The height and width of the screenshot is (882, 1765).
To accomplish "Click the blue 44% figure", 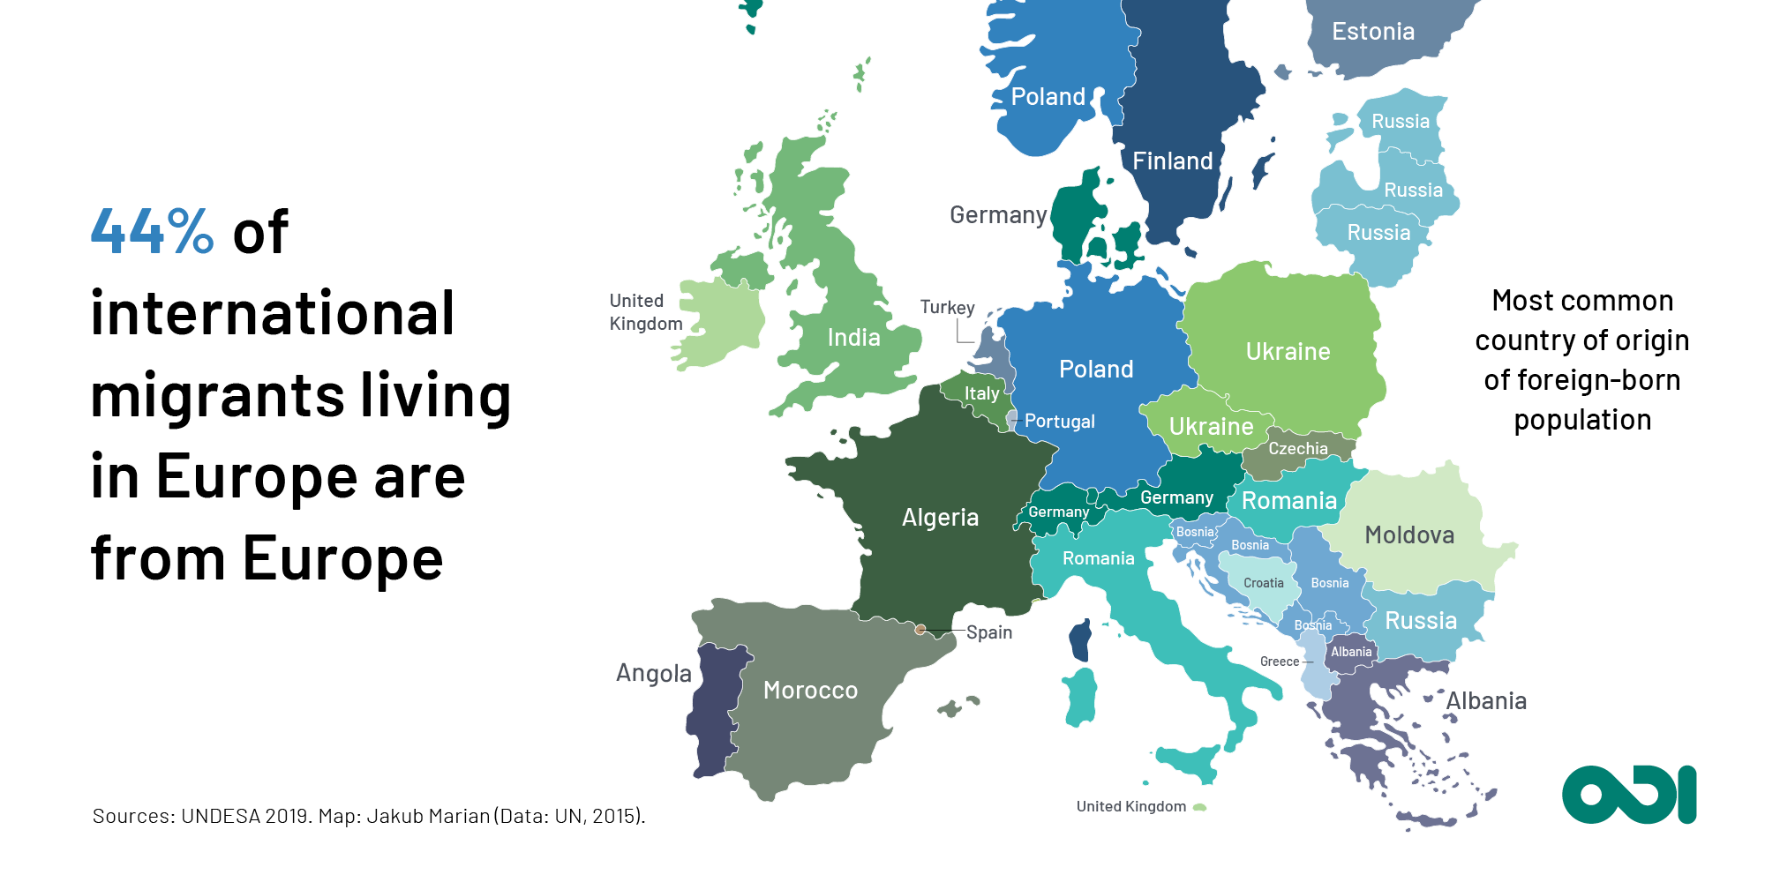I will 152,232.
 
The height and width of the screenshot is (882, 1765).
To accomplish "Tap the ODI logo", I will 1628,794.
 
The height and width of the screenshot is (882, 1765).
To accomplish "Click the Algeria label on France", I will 940,518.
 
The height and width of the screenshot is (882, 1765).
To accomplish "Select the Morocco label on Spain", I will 810,690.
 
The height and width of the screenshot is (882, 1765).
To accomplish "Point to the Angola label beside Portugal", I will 654,674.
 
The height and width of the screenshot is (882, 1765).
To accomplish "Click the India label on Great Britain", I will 853,338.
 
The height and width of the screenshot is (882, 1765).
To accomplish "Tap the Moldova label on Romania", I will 1409,535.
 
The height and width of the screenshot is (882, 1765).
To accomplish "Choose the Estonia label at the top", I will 1372,32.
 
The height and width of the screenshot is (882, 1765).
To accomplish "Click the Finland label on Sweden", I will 1172,161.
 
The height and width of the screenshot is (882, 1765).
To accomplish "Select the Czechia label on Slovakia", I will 1297,449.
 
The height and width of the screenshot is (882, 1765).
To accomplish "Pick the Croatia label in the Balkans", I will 1263,583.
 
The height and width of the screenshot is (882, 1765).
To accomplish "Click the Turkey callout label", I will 947,308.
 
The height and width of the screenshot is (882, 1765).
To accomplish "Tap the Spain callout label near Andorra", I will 988,632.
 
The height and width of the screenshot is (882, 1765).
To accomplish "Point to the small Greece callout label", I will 1279,661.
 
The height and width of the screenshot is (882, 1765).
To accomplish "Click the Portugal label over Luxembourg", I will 1059,422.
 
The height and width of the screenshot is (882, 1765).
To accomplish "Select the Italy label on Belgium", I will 981,393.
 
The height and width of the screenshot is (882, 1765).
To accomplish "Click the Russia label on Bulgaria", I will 1420,621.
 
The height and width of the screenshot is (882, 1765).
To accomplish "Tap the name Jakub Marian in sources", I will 428,816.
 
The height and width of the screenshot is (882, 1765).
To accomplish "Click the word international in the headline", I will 272,314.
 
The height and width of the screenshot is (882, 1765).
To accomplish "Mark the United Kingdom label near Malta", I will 1130,806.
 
